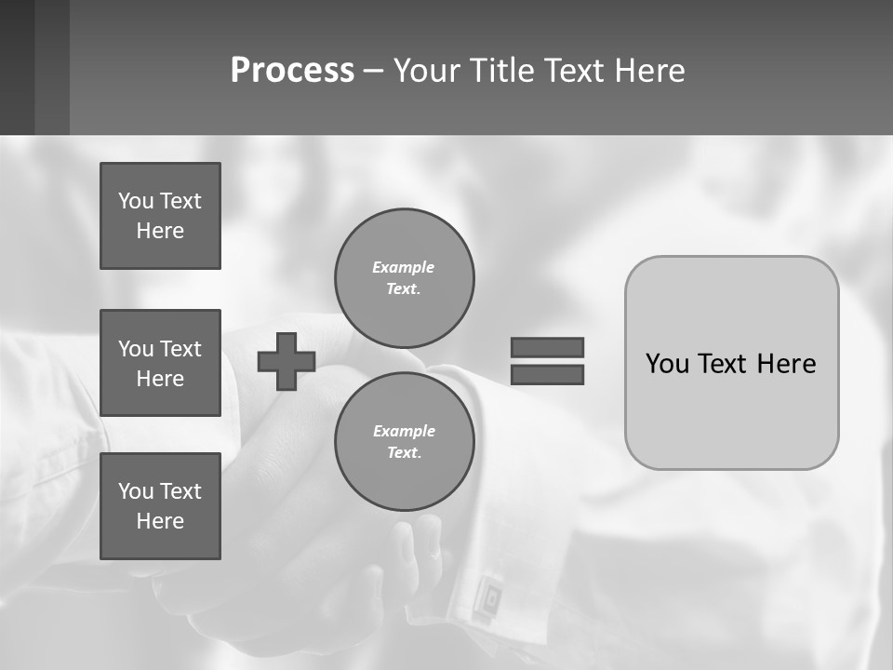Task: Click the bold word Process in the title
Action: (x=292, y=71)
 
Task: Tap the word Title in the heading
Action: (x=502, y=71)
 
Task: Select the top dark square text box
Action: (x=160, y=216)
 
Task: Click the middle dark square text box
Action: (x=160, y=363)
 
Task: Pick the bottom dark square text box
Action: (x=160, y=506)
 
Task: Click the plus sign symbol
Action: (x=287, y=361)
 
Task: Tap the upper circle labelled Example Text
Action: (x=404, y=277)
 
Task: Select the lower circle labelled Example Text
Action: (x=404, y=441)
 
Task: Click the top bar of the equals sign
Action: (x=547, y=347)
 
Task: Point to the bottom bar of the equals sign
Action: (x=547, y=374)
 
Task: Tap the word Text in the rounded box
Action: (x=726, y=364)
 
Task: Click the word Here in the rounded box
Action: (x=786, y=364)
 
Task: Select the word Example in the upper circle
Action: (x=404, y=267)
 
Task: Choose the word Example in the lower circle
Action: (x=404, y=431)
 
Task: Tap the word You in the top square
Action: (x=135, y=201)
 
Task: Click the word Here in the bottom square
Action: (x=160, y=521)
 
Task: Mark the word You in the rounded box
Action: (x=667, y=364)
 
